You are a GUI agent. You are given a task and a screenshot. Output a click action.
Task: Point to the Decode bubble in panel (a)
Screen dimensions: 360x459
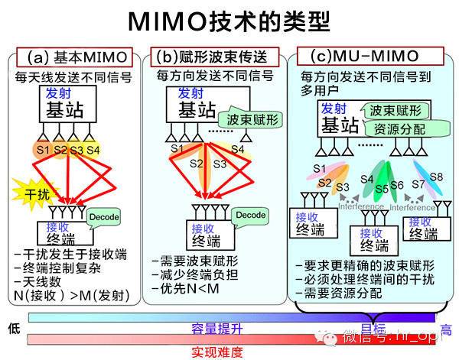[103, 217]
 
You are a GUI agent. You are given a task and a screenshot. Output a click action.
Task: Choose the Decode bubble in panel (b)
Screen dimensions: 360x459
[250, 216]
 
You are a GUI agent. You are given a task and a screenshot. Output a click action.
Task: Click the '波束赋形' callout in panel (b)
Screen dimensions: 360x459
[250, 120]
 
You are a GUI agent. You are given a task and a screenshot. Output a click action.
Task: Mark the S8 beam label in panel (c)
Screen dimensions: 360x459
[436, 177]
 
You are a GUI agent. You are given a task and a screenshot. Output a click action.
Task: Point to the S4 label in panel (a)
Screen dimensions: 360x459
[93, 149]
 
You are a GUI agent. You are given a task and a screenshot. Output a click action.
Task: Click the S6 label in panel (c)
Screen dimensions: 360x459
[396, 185]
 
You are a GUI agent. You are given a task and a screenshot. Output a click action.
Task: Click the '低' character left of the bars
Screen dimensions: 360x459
[13, 329]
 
